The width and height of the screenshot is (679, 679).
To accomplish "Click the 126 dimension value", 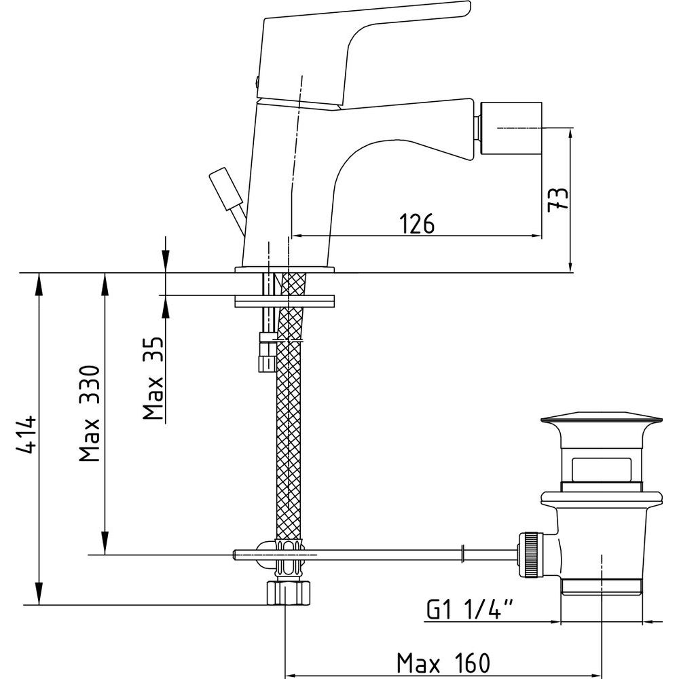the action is pos(417,223).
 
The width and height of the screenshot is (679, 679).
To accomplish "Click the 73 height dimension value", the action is pos(557,199).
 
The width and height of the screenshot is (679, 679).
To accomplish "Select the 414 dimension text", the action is pos(26,435).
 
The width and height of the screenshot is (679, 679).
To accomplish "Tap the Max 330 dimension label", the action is pos(90,414).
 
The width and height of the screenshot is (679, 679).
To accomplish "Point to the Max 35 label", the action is pos(153,378).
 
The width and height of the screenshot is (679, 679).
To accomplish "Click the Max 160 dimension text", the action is pos(443,663).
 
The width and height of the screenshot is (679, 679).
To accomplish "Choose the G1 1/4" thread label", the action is pos(470,609).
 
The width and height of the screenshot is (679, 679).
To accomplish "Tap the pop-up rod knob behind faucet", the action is pos(226,189).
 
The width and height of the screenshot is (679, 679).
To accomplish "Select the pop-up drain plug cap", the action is pos(602,419).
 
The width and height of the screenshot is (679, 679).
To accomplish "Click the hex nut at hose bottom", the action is pos(289,593).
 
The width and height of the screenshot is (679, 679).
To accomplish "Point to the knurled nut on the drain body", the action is pos(530,555).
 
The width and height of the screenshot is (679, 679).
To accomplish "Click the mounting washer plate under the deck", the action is pos(285,301).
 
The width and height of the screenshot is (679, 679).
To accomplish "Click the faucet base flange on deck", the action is pos(285,270).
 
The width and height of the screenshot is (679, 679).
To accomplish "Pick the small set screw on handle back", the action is pos(257,81).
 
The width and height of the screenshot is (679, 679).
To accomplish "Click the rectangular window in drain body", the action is pos(601,469).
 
